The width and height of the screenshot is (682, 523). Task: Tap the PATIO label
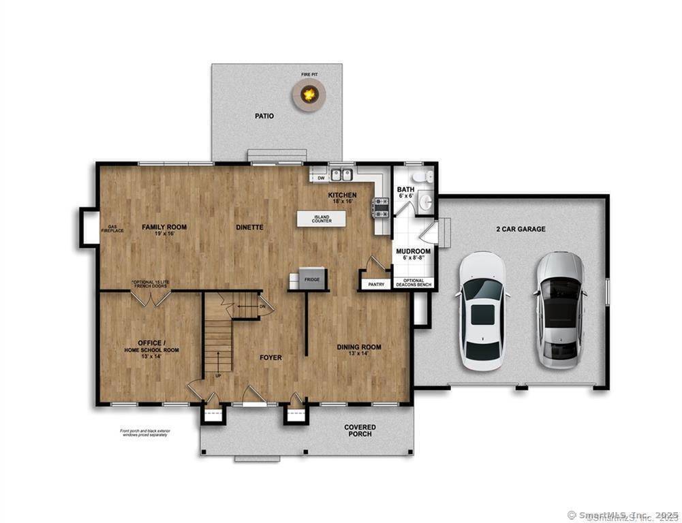tap(264, 116)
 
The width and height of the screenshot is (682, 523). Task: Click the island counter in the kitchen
tap(321, 219)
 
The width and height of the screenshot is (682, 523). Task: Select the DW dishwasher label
tap(321, 178)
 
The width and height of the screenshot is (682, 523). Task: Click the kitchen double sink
tap(341, 176)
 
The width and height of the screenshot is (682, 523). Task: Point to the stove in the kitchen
tap(382, 206)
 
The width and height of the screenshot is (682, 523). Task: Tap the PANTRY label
tap(376, 285)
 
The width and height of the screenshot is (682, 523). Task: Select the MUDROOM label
tap(414, 251)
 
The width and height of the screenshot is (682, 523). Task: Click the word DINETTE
tap(249, 227)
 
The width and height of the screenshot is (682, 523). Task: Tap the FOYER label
tap(270, 357)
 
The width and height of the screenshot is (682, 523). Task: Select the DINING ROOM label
tap(359, 347)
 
